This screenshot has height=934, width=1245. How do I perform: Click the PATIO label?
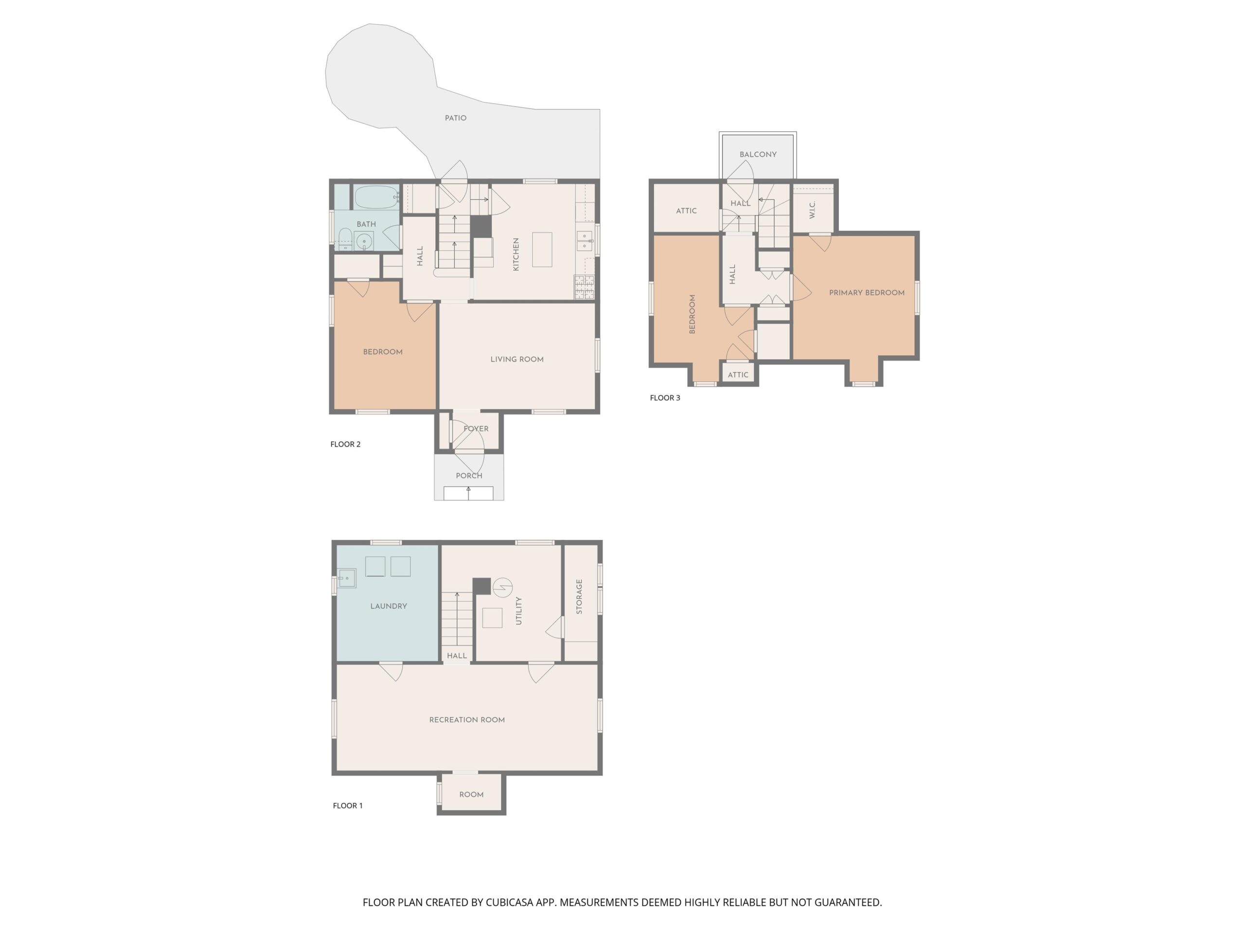coord(455,118)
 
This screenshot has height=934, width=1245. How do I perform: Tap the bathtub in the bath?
coord(376,197)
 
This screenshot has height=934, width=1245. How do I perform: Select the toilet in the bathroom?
coord(344,239)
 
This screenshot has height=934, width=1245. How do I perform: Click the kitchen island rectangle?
coord(542,250)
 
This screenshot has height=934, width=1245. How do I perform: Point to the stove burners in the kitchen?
coord(584,287)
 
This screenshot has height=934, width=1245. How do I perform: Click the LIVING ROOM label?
coord(516,359)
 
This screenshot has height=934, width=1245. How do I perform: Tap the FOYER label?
coord(476,429)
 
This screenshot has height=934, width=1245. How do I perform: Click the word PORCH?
coord(469,476)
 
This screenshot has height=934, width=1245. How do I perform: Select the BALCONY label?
coord(758,154)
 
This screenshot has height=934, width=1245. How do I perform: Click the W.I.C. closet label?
coord(812,210)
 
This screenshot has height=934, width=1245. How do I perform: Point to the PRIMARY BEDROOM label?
coord(866,293)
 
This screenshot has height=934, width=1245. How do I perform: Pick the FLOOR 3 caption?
coord(665,398)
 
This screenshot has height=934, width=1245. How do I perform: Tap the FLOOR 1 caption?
coord(347,806)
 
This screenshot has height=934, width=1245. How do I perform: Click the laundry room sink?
coord(347,578)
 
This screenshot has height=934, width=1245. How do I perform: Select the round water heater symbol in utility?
coord(502,588)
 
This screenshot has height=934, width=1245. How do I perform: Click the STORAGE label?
coord(579,596)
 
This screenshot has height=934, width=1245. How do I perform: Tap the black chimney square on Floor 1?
coord(481,586)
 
